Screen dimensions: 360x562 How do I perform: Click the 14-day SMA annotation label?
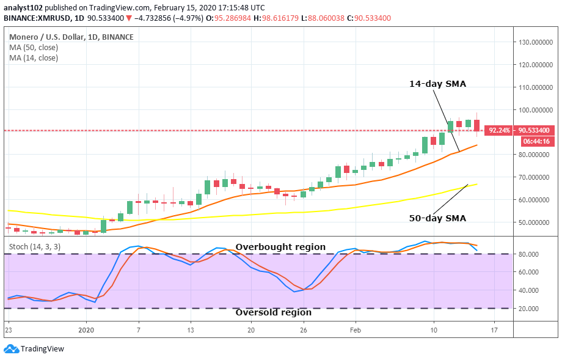[437, 84]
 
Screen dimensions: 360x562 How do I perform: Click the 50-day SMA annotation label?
[437, 218]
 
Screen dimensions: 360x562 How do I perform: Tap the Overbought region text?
[280, 247]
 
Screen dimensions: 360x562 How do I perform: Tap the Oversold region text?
[274, 312]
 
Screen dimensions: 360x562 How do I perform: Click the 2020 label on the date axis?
[86, 330]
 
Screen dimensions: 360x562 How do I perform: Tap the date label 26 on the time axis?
[302, 330]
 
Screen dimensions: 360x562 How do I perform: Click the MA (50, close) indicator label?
[34, 48]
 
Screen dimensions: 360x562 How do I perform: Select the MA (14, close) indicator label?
[34, 58]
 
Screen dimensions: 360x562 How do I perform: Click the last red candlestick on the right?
[477, 125]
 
